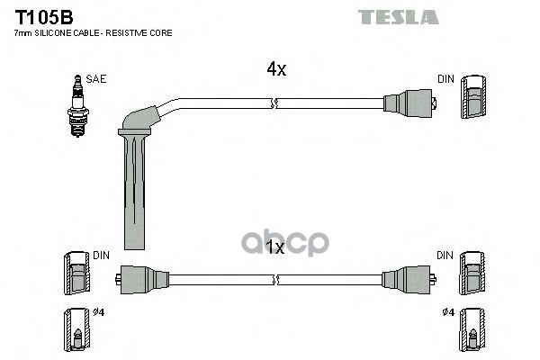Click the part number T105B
point(44,17)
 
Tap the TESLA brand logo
point(399,17)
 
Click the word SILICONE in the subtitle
point(54,33)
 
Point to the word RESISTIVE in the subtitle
point(127,33)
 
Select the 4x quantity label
point(276,69)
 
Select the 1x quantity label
point(274,247)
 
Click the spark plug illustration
point(77,106)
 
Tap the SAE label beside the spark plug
point(96,79)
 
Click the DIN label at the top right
point(446,79)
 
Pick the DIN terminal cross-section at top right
point(473,97)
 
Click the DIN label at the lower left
point(101,256)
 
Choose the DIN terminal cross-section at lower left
point(76,274)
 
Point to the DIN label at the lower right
point(445,256)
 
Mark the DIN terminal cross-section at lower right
point(472,274)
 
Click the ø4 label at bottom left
point(98,312)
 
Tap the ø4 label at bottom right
point(448,312)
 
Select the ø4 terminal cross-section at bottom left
point(76,329)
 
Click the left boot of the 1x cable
point(142,279)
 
